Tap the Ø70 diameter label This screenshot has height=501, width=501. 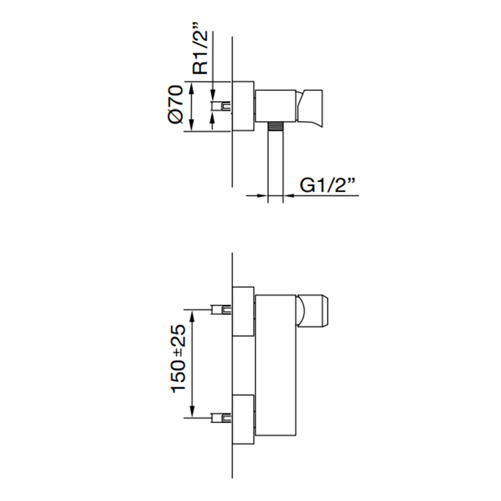pyautogui.click(x=175, y=104)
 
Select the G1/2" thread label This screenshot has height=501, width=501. pyautogui.click(x=328, y=185)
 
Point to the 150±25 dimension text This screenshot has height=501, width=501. pyautogui.click(x=179, y=359)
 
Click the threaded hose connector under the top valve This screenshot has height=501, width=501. pyautogui.click(x=275, y=126)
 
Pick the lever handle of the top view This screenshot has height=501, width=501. pyautogui.click(x=310, y=106)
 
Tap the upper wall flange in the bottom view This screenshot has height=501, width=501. pyautogui.click(x=243, y=311)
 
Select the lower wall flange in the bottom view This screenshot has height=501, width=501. pyautogui.click(x=243, y=419)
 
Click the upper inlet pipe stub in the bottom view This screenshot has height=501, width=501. pyautogui.click(x=221, y=310)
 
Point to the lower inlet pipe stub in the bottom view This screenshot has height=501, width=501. pyautogui.click(x=221, y=417)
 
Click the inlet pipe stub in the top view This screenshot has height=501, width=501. pyautogui.click(x=221, y=106)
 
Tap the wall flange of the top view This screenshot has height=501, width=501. pyautogui.click(x=243, y=106)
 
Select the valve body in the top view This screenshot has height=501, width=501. pyautogui.click(x=276, y=106)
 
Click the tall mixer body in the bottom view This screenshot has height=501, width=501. pyautogui.click(x=277, y=365)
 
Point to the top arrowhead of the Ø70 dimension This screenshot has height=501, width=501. pyautogui.click(x=191, y=87)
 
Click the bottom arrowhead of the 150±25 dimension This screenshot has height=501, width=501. pyautogui.click(x=192, y=412)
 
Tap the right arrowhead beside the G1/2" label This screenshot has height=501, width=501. pyautogui.click(x=289, y=195)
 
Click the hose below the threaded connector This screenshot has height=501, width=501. pyautogui.click(x=275, y=166)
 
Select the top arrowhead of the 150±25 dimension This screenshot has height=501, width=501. pyautogui.click(x=192, y=316)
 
